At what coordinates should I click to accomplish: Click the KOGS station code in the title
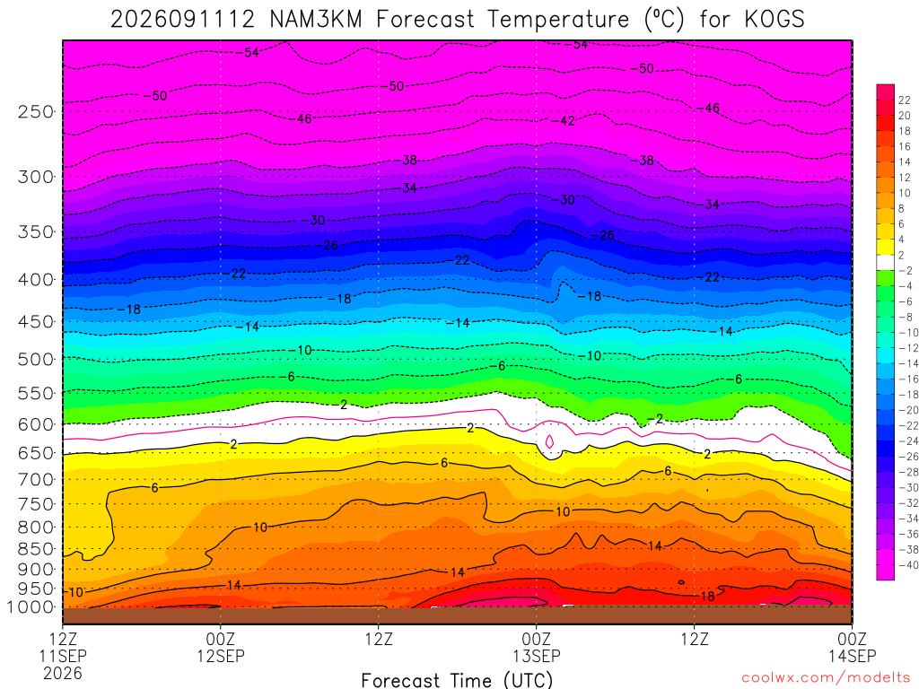[775, 19]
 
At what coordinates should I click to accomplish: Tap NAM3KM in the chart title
[316, 19]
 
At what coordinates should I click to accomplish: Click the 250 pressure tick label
[36, 111]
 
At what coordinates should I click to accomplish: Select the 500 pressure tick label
[36, 359]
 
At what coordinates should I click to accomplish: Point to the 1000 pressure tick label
[31, 607]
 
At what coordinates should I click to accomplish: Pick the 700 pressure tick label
[36, 480]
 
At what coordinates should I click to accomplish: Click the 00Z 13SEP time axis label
[537, 647]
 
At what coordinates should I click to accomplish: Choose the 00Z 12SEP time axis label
[221, 647]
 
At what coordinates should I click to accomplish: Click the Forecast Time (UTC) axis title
[457, 680]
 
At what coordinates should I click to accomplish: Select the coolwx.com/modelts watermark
[826, 677]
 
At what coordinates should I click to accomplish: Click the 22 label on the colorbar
[905, 100]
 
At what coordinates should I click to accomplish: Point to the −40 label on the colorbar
[906, 565]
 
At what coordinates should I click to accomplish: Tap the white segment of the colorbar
[886, 263]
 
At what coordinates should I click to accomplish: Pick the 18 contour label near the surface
[708, 597]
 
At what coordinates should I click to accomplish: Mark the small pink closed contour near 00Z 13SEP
[550, 441]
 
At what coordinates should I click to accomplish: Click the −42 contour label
[565, 121]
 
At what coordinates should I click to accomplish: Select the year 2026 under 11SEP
[63, 673]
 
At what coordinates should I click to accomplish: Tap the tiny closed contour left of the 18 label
[681, 582]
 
